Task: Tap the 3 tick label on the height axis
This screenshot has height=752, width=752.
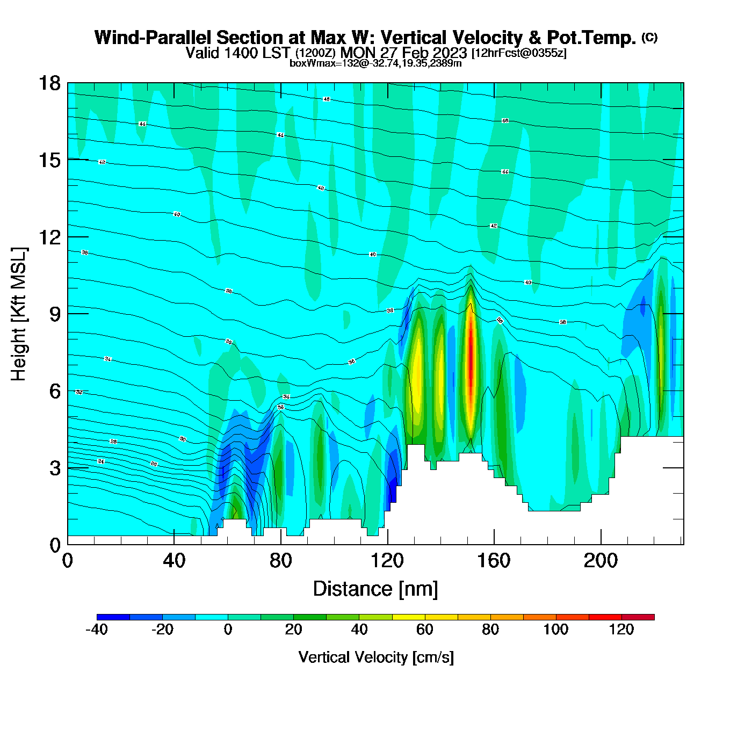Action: point(55,468)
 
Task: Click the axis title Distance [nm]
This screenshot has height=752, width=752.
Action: point(375,589)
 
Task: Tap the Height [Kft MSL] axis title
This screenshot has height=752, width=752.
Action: point(19,314)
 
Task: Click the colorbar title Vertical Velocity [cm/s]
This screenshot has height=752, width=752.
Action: point(376,657)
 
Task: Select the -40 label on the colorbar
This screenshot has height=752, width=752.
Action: point(97,630)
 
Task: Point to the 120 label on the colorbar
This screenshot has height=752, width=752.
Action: point(621,630)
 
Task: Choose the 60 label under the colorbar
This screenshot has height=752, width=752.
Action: point(425,630)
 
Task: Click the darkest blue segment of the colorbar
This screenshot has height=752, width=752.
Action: point(113,617)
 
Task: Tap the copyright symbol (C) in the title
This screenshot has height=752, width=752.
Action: point(649,37)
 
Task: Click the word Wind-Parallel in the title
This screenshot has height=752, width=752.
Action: point(153,38)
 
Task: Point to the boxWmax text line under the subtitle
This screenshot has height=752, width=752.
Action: point(375,63)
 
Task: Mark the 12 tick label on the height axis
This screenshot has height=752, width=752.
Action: point(49,237)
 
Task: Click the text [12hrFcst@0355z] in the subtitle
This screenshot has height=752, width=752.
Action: point(519,53)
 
